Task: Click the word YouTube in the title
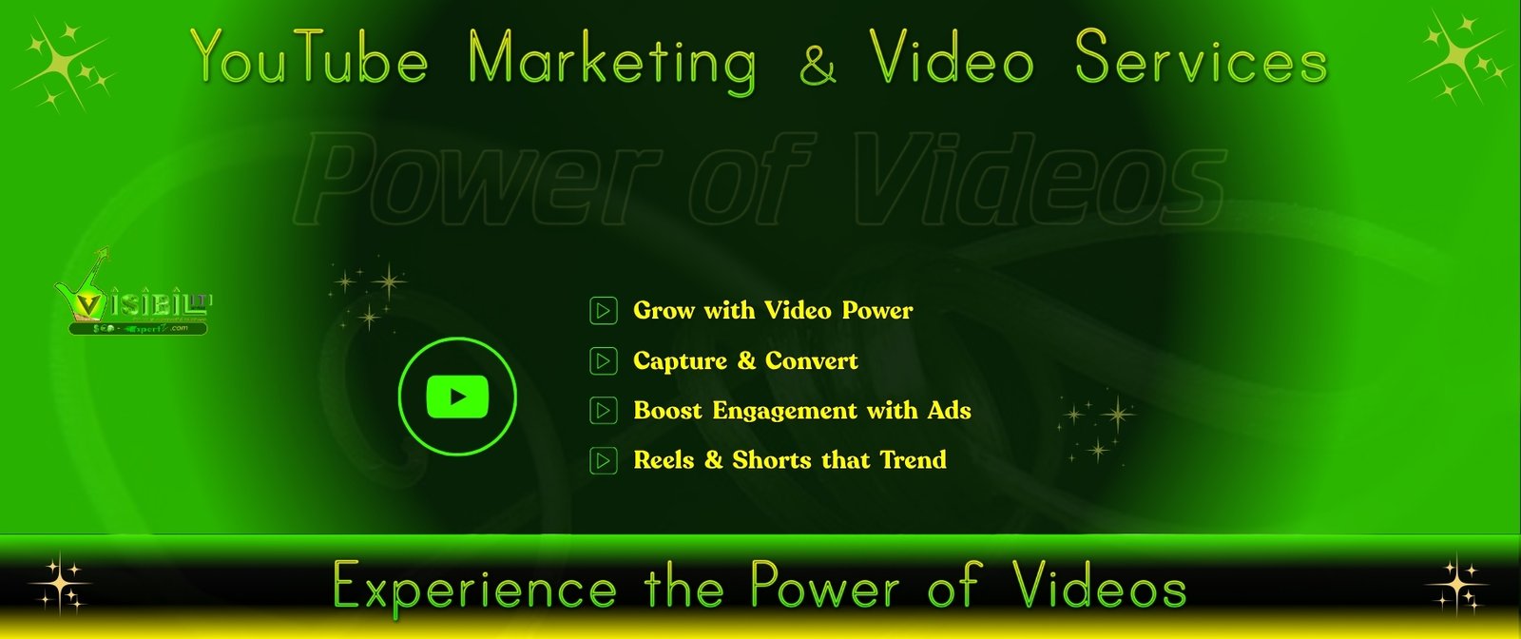309,59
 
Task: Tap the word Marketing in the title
613,61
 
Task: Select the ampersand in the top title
818,63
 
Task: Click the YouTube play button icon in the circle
457,397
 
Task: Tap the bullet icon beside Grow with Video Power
603,311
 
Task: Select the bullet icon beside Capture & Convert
603,361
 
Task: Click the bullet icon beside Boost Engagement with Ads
603,411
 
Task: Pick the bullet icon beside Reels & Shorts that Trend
603,460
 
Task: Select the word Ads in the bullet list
949,411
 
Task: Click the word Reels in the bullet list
664,460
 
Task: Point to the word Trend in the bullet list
913,460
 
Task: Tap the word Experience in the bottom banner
475,586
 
